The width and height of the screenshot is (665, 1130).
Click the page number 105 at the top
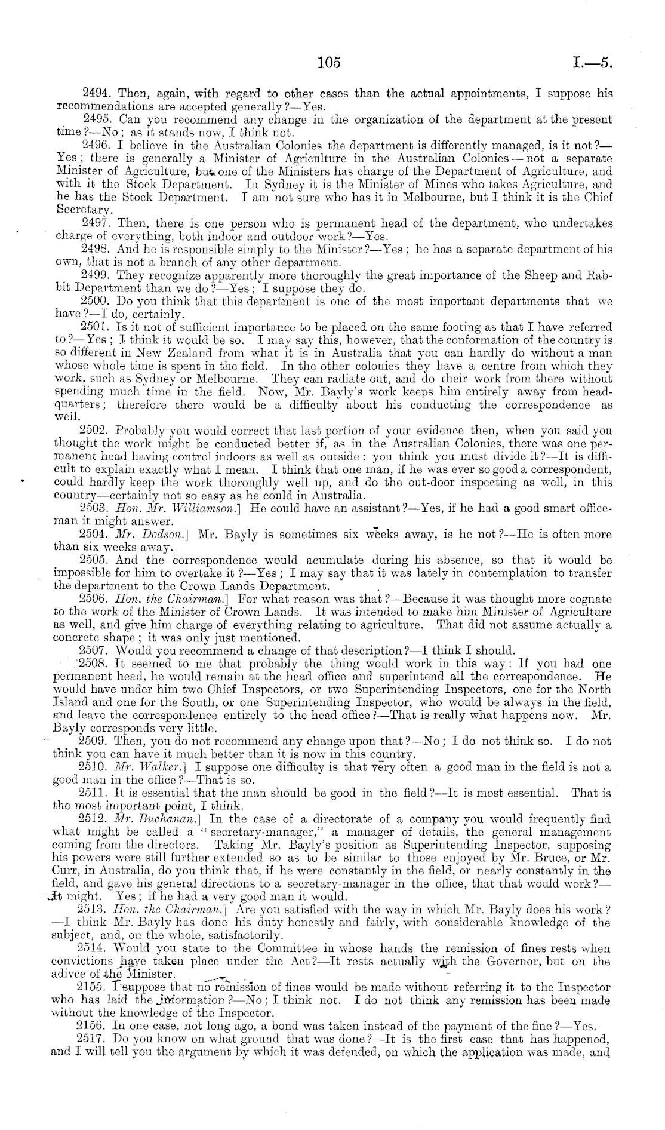click(x=329, y=62)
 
